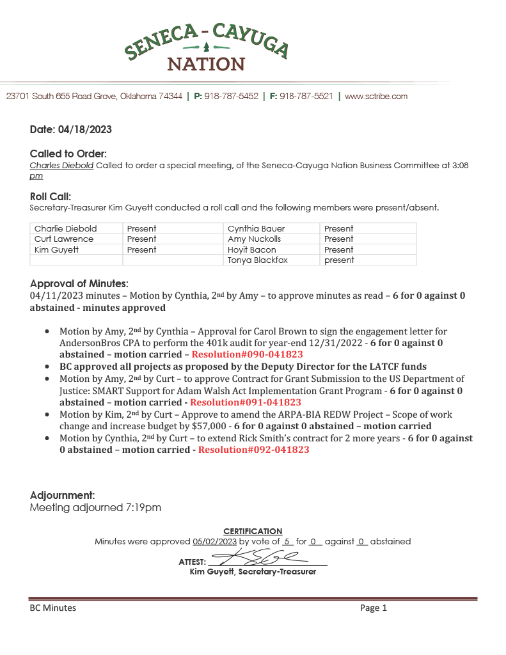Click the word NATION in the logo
(x=206, y=64)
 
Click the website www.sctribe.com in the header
(x=376, y=97)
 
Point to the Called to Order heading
(x=68, y=154)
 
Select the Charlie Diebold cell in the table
(x=66, y=228)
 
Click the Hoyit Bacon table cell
(x=252, y=249)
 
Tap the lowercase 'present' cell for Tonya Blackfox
(x=339, y=260)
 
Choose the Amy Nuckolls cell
(x=255, y=239)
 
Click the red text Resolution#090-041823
(x=247, y=354)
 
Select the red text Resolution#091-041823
(x=246, y=402)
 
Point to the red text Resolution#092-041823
(x=254, y=450)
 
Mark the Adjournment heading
(x=63, y=495)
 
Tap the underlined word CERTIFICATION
(x=253, y=531)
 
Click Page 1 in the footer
(x=374, y=608)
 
